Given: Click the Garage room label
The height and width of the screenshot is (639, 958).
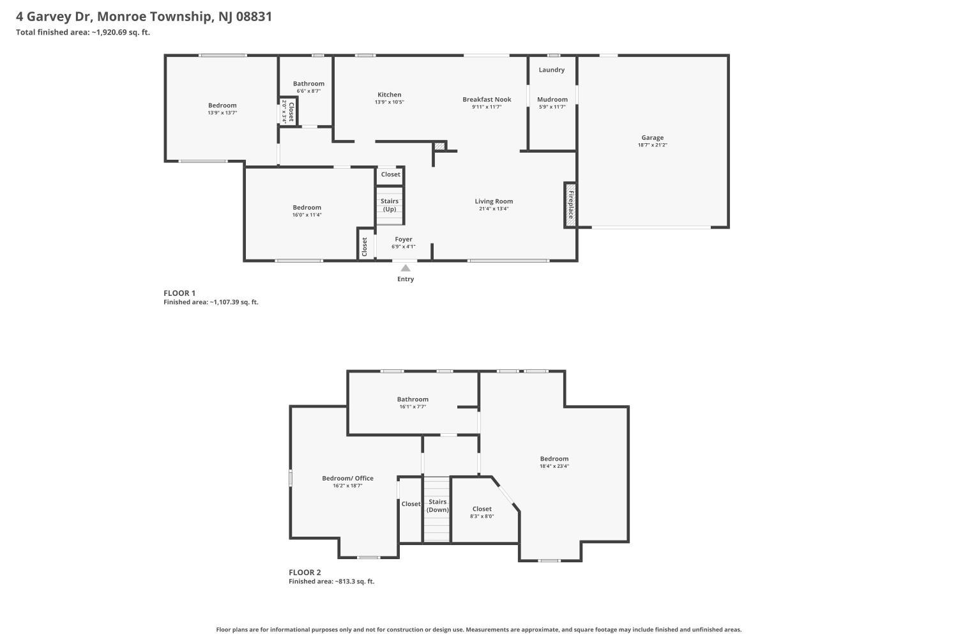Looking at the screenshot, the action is [x=652, y=137].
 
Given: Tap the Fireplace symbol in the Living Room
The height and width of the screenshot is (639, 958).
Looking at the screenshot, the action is [x=570, y=205].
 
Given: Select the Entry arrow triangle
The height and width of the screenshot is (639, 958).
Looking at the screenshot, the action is [x=406, y=268].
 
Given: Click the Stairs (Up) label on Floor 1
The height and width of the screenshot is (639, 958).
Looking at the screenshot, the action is [x=389, y=205].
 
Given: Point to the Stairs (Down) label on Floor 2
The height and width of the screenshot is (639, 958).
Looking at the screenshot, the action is [x=437, y=505].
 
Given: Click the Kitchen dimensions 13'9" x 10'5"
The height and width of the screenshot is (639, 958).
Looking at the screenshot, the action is [x=389, y=102].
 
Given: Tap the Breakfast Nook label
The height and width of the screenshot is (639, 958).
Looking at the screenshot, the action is [x=487, y=99].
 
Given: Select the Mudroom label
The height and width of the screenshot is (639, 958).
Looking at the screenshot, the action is [x=552, y=99].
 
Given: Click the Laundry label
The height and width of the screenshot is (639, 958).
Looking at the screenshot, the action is [x=551, y=70].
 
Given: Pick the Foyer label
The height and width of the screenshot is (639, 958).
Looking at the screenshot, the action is [x=403, y=239].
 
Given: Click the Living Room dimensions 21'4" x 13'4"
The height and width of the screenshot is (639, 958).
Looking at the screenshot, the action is [x=494, y=209].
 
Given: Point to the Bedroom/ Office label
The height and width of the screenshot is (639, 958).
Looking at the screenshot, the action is [x=347, y=478].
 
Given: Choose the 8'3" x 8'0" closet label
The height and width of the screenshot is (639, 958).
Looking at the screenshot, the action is [x=482, y=516].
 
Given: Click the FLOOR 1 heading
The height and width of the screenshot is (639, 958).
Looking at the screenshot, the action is [x=179, y=293].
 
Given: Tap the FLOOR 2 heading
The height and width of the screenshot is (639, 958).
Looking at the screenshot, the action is [x=305, y=573].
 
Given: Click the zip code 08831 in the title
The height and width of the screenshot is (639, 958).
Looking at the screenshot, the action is [x=254, y=17].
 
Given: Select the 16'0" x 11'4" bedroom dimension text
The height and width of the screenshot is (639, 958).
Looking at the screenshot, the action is [x=307, y=215].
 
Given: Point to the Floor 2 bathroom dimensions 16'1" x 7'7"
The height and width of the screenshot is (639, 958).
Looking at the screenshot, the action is [x=413, y=406].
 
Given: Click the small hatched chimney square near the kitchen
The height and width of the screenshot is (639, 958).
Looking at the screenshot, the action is [x=439, y=146].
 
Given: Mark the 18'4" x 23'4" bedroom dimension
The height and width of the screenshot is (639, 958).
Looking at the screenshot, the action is [x=554, y=466].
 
